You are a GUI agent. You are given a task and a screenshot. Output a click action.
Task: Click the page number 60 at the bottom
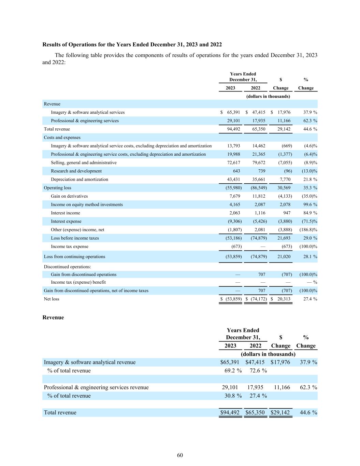[180, 455]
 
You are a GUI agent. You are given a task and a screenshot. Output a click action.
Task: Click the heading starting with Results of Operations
[132, 45]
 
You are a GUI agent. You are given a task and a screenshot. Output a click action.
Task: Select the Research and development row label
[76, 171]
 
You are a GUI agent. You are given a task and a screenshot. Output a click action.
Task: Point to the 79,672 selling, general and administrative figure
[259, 163]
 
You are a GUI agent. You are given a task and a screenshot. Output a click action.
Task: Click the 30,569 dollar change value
[284, 188]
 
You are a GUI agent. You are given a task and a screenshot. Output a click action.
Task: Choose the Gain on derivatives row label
[69, 196]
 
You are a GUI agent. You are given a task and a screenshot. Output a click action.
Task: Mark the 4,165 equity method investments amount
[234, 204]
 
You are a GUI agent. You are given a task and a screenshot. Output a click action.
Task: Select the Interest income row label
[66, 213]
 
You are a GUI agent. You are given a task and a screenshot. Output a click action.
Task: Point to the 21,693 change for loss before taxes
[284, 238]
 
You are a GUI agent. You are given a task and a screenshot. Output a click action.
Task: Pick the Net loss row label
[52, 299]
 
